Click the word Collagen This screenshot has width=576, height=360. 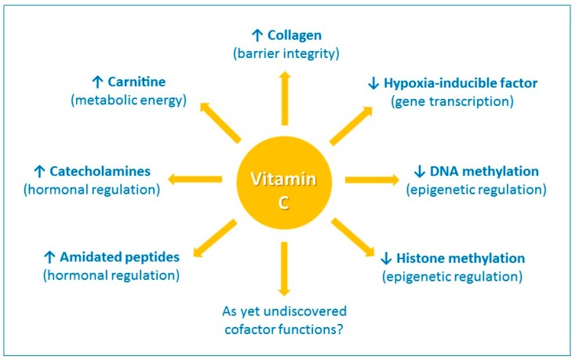click(294, 35)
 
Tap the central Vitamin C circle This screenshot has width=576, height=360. click(284, 183)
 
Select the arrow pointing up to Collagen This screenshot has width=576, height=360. click(284, 98)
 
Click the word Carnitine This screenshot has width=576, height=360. click(137, 82)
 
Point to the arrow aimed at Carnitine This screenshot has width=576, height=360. click(220, 122)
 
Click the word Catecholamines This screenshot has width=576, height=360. click(100, 171)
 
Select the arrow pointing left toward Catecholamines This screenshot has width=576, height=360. click(195, 180)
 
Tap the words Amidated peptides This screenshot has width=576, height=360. click(120, 257)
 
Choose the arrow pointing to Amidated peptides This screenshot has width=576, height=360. click(214, 238)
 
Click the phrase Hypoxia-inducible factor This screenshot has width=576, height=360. click(461, 83)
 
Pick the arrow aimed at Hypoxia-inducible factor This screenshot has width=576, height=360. click(352, 125)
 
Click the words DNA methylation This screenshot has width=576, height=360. click(484, 171)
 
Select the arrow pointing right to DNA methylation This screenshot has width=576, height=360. click(372, 180)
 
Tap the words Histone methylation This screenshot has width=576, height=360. click(461, 258)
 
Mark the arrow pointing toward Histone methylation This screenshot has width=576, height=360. click(353, 238)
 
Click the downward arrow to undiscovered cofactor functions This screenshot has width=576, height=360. click(284, 269)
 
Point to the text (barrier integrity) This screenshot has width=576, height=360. click(286, 54)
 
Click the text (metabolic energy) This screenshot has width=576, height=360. click(129, 100)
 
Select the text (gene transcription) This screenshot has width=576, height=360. click(452, 102)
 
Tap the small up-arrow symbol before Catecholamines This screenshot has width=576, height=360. click(39, 171)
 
